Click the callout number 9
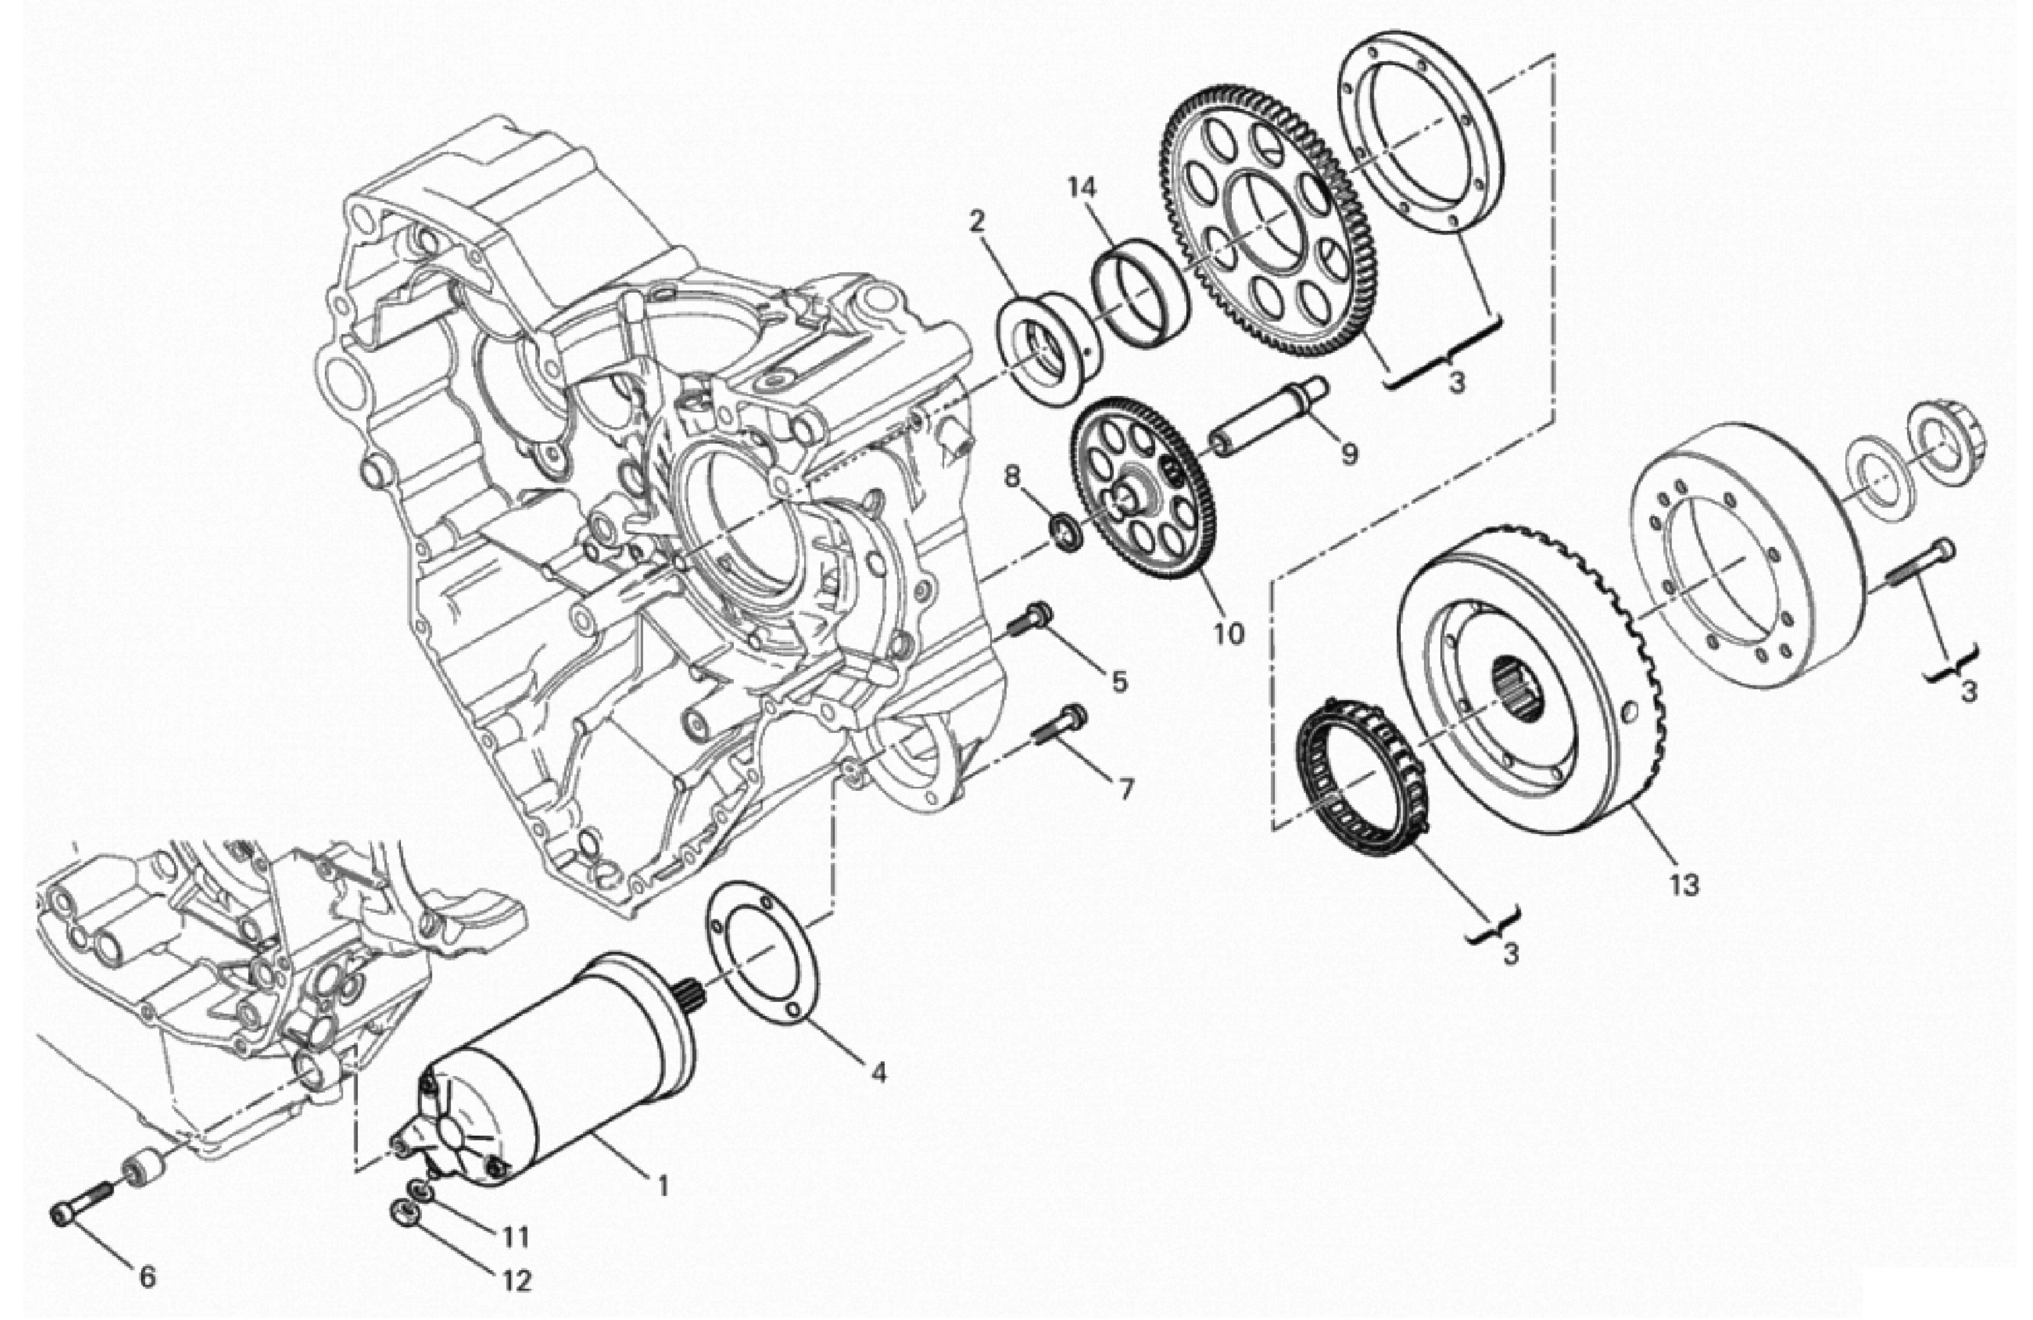(x=1349, y=453)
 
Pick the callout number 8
(x=1012, y=476)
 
